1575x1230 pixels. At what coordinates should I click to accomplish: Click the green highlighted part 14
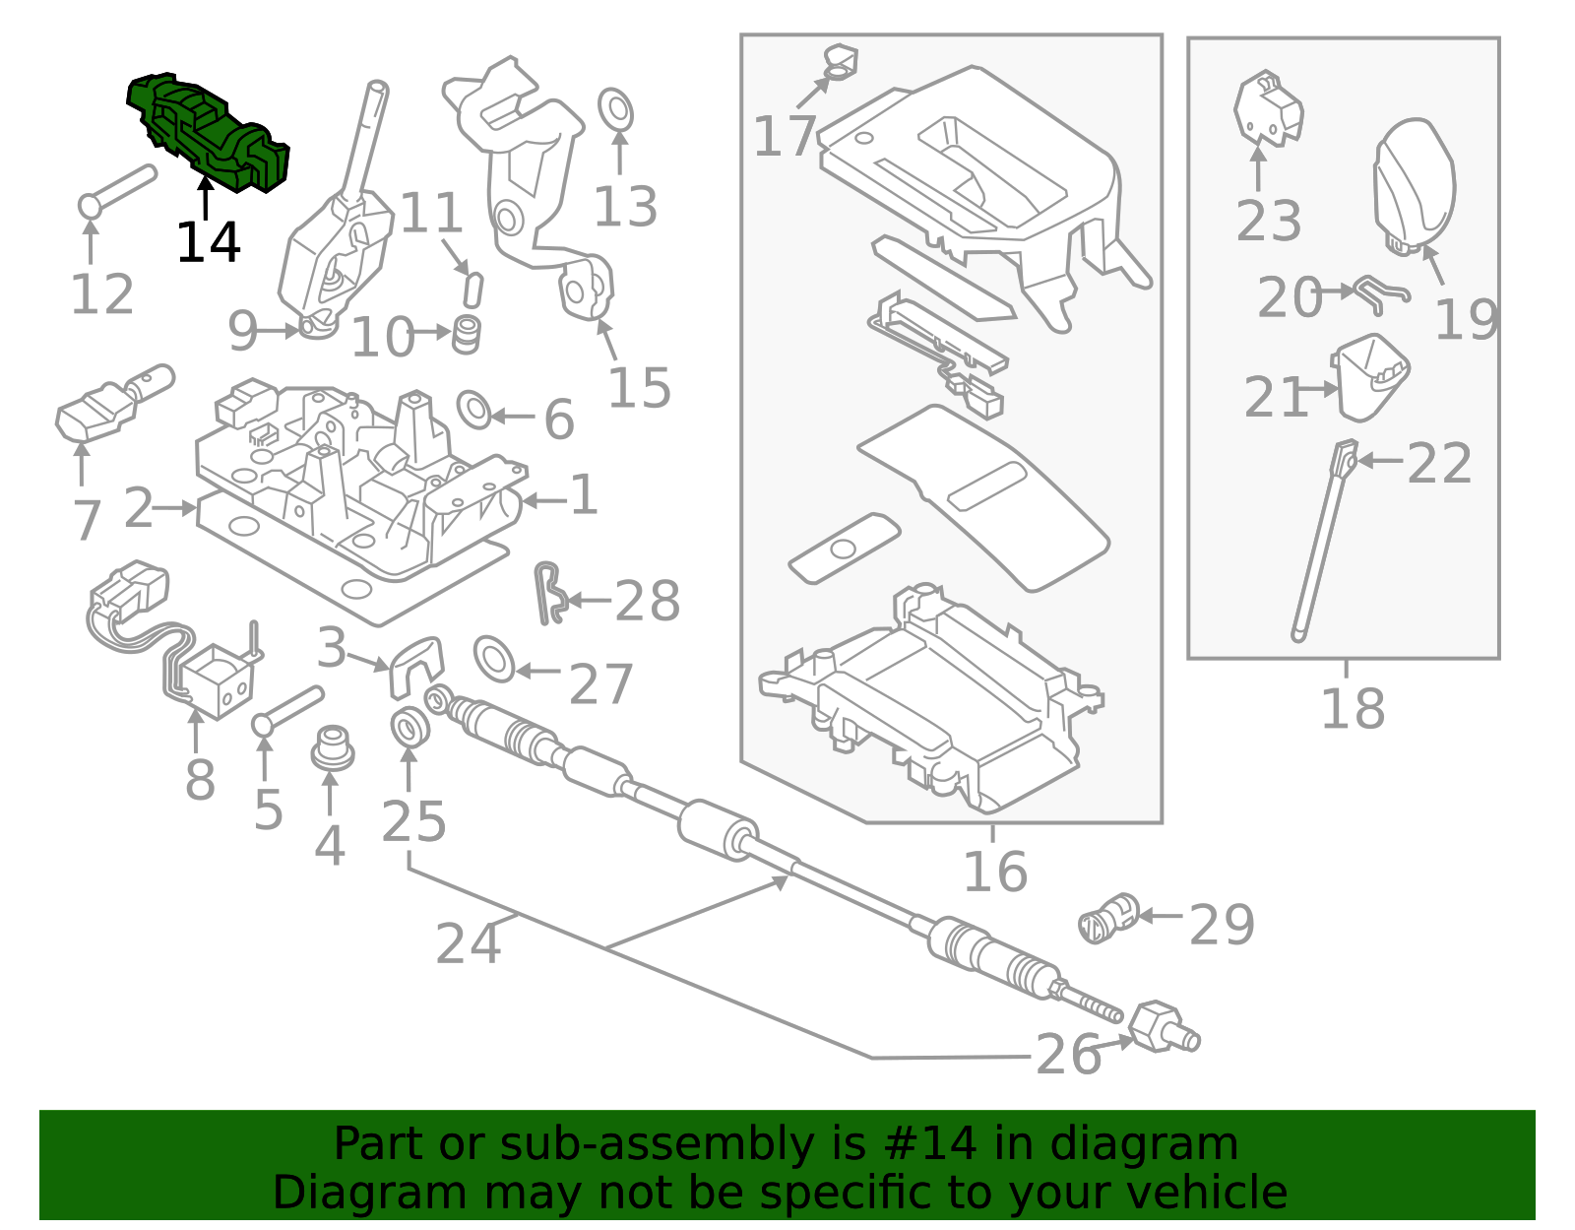[x=209, y=133]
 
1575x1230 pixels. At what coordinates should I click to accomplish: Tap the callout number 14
[x=208, y=242]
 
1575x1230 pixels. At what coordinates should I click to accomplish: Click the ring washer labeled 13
[x=616, y=109]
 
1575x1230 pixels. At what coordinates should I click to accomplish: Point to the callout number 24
[x=469, y=943]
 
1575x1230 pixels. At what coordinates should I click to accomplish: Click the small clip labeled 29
[x=1107, y=919]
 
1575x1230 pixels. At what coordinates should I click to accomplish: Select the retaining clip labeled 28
[x=549, y=594]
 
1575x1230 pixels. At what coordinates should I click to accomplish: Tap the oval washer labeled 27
[x=494, y=659]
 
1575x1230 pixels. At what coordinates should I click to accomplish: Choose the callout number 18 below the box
[x=1352, y=709]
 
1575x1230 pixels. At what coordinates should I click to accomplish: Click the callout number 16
[x=994, y=872]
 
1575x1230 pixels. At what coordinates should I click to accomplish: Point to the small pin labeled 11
[x=472, y=290]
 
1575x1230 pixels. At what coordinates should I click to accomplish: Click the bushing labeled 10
[x=467, y=335]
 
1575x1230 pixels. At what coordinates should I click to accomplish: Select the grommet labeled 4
[x=332, y=750]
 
